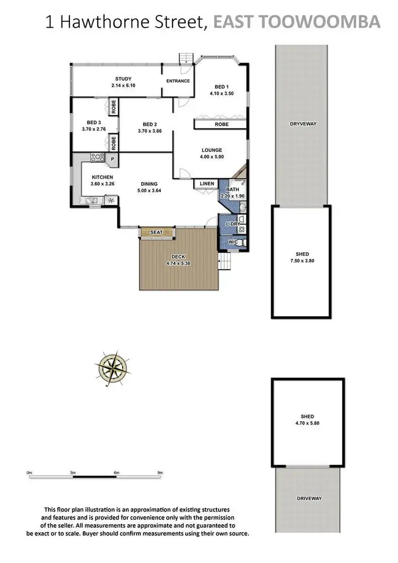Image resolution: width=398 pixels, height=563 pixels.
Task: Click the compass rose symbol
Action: pos(113,367)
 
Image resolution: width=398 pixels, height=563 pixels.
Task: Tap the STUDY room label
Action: pos(124,79)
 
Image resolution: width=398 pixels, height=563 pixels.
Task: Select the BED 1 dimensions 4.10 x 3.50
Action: pos(221,93)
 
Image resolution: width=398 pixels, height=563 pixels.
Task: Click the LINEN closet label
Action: pos(207,184)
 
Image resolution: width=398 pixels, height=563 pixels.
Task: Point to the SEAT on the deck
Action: pos(157,232)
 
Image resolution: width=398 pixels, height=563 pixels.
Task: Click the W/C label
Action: pos(233,242)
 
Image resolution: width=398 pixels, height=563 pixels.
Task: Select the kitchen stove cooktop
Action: pos(97,157)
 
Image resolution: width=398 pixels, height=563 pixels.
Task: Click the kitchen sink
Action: pos(89,201)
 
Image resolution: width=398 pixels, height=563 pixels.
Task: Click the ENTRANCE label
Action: pos(178,81)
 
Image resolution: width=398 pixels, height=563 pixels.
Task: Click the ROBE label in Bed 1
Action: pos(221,124)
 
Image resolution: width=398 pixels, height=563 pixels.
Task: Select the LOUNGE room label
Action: pos(212,150)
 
